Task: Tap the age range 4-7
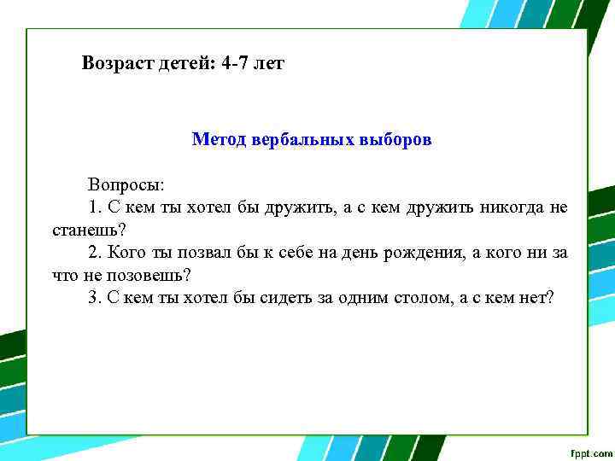(232, 63)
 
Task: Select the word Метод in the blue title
(220, 138)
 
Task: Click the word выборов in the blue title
(394, 138)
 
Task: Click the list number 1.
(93, 207)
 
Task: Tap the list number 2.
(93, 254)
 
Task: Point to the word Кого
(126, 254)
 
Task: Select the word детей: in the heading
(183, 63)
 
